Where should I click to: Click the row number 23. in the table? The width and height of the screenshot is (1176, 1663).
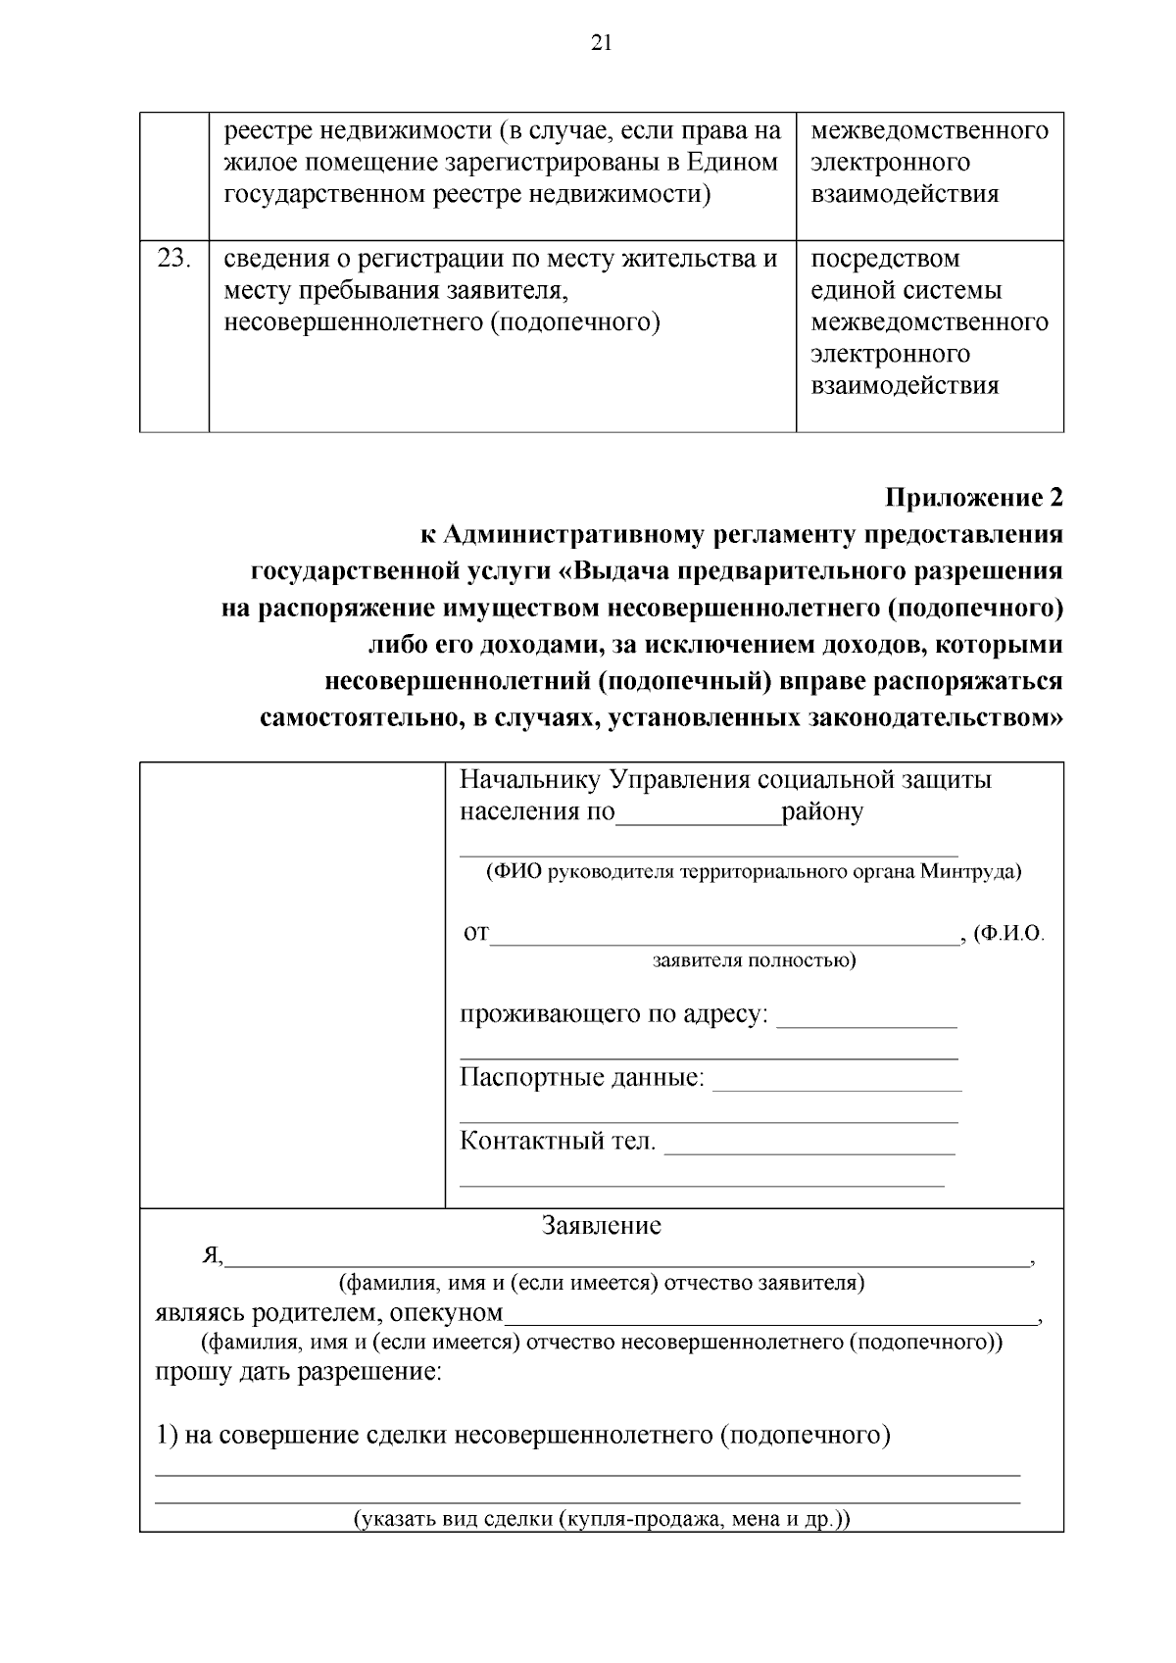pyautogui.click(x=173, y=260)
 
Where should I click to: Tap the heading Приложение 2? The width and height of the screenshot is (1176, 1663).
pyautogui.click(x=973, y=498)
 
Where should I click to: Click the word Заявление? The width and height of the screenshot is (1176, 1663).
pyautogui.click(x=602, y=1226)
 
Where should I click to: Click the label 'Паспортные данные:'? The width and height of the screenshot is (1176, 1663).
pyautogui.click(x=582, y=1079)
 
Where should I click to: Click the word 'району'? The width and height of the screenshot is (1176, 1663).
pyautogui.click(x=822, y=812)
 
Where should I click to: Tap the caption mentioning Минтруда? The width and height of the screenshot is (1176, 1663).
pyautogui.click(x=754, y=871)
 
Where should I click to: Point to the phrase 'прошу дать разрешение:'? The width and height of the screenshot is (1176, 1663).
pyautogui.click(x=299, y=1371)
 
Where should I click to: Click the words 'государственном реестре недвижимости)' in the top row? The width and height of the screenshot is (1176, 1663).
pyautogui.click(x=466, y=194)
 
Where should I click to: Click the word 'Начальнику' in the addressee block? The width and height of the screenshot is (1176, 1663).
pyautogui.click(x=529, y=780)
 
